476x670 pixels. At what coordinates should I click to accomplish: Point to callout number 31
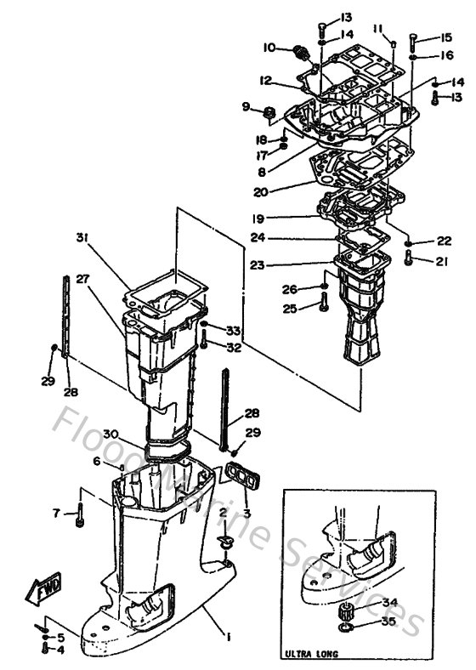click(x=81, y=236)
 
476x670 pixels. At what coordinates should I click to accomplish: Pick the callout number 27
click(x=82, y=278)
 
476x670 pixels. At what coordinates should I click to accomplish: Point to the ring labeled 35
click(x=343, y=628)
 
